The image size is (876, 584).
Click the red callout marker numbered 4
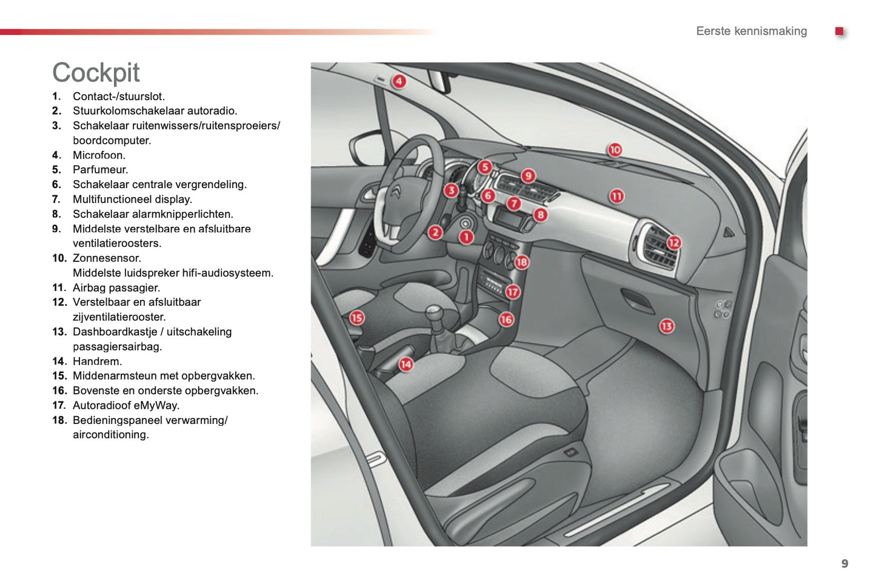(x=398, y=81)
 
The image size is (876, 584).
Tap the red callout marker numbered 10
(x=615, y=150)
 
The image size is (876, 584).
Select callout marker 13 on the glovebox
(x=666, y=326)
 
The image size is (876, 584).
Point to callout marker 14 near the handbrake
(x=406, y=364)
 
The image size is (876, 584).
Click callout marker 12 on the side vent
(x=674, y=243)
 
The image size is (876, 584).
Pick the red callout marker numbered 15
(x=356, y=317)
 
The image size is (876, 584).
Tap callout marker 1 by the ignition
(x=466, y=237)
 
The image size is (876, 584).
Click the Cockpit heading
(x=96, y=73)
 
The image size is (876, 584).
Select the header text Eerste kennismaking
(x=751, y=31)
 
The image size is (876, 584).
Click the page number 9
(x=844, y=563)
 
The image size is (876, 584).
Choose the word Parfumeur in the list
(x=100, y=170)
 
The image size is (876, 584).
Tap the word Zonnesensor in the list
(x=106, y=258)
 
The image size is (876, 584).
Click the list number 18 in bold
(x=59, y=420)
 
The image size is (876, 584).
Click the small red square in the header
(x=839, y=31)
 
